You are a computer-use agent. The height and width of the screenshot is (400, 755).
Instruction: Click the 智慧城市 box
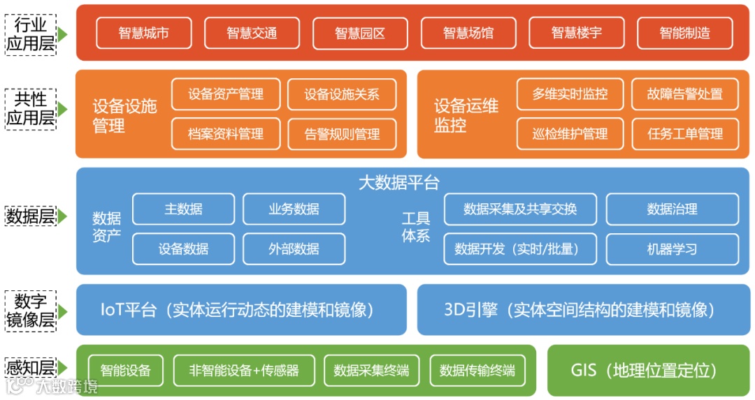tap(143, 33)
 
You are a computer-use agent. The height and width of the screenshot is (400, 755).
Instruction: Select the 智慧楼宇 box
tap(576, 33)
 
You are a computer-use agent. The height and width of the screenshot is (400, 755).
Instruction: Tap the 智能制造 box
tap(684, 33)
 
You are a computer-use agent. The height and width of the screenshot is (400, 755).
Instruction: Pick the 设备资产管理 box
tap(226, 94)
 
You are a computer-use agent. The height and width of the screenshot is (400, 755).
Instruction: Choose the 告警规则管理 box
tap(342, 134)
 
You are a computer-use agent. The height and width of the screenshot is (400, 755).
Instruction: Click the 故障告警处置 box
tap(684, 94)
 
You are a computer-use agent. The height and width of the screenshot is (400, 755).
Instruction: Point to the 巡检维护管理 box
tap(570, 134)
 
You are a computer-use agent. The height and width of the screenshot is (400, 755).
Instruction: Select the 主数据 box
tap(183, 209)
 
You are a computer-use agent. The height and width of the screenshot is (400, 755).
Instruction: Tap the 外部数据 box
tap(294, 249)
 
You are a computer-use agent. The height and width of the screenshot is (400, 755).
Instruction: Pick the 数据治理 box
tap(672, 209)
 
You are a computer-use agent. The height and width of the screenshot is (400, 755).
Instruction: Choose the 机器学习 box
tap(672, 249)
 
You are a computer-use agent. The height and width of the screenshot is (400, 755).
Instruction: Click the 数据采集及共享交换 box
tap(520, 209)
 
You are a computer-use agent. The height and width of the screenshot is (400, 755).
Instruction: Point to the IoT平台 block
tap(241, 309)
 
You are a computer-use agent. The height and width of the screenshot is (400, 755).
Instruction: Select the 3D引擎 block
tap(579, 309)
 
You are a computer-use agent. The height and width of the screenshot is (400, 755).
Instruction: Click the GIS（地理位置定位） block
tap(643, 370)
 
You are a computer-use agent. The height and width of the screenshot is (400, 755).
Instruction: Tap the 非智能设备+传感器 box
tap(243, 370)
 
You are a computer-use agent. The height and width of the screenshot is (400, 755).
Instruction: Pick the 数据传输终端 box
tap(477, 370)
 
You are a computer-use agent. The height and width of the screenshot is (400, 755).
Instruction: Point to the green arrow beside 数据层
tap(62, 216)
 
